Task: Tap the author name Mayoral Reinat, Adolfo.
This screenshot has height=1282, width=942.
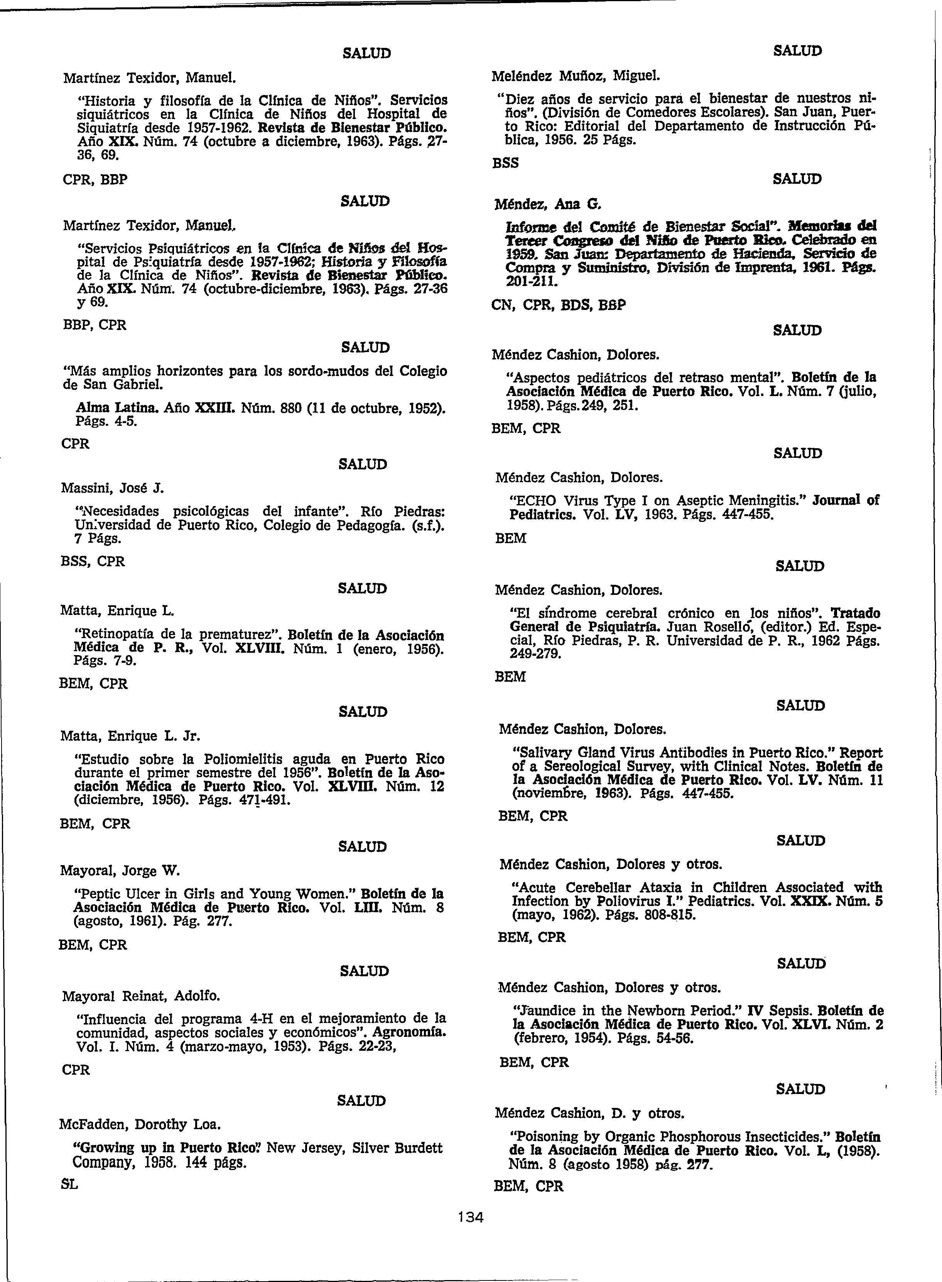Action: point(141,996)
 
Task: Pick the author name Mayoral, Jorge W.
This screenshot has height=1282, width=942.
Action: point(120,871)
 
